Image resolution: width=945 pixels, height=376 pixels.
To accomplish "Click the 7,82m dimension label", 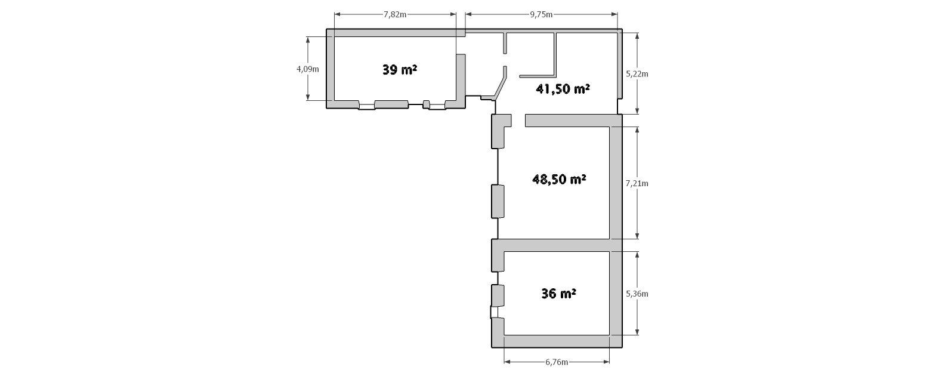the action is pyautogui.click(x=395, y=14).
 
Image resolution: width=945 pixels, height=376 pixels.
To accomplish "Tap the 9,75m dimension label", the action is pyautogui.click(x=541, y=14).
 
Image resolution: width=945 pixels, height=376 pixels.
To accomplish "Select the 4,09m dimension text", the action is pyautogui.click(x=308, y=69).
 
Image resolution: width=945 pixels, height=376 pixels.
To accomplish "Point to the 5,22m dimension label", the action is pyautogui.click(x=637, y=74).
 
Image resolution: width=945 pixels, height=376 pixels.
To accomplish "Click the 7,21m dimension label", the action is pyautogui.click(x=637, y=183).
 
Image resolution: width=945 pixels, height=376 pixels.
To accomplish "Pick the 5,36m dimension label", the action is pyautogui.click(x=637, y=294).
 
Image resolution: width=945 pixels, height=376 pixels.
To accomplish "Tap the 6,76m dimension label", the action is pyautogui.click(x=557, y=362).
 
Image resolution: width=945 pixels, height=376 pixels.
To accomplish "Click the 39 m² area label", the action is pyautogui.click(x=400, y=69).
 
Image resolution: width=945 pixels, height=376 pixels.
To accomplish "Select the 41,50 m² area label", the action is pyautogui.click(x=563, y=89).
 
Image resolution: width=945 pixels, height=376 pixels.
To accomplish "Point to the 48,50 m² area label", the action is pyautogui.click(x=560, y=180).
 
